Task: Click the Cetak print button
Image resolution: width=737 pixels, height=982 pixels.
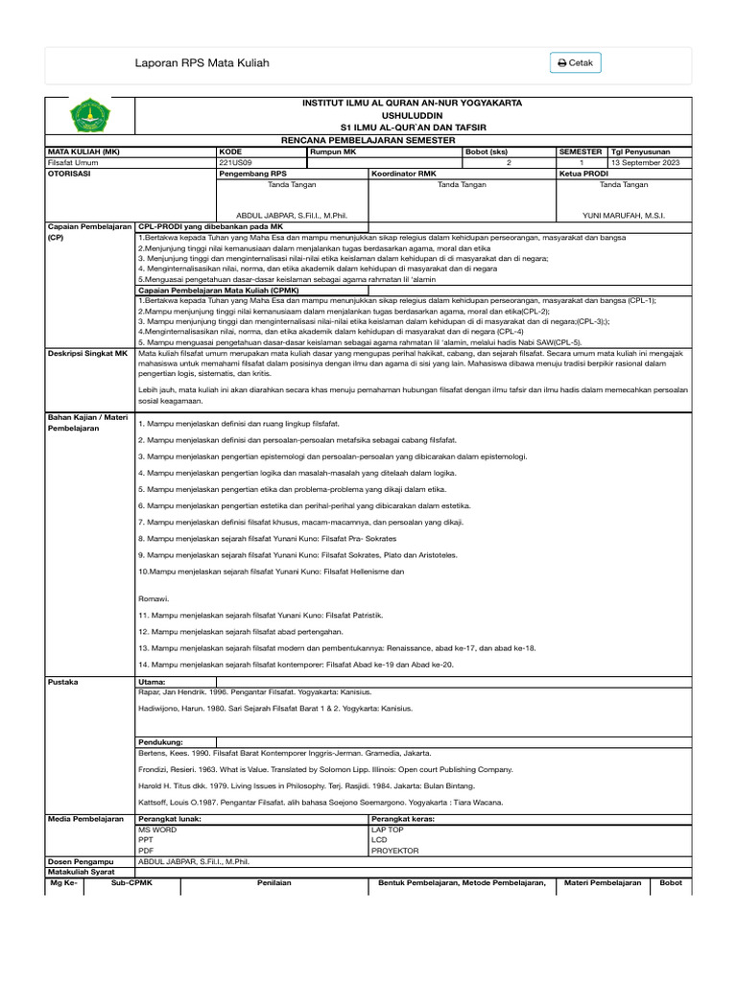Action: tap(576, 63)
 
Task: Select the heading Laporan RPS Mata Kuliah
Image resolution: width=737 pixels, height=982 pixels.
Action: tap(202, 63)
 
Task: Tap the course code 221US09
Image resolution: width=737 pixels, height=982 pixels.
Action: tap(235, 163)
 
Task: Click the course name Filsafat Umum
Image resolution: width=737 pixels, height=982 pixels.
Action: tap(73, 163)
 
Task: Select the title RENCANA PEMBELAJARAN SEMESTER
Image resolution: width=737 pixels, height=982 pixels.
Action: tap(368, 140)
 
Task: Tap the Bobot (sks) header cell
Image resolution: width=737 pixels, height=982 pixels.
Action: tap(486, 152)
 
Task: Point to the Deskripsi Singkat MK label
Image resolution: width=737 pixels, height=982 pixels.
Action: tap(87, 354)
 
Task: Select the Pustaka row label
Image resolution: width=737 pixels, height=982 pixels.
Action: tap(63, 682)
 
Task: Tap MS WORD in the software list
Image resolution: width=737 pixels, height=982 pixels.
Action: tap(157, 829)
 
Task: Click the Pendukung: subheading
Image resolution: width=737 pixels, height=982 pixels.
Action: tap(160, 742)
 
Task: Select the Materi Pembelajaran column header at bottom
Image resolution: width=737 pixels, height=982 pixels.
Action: tap(603, 882)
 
